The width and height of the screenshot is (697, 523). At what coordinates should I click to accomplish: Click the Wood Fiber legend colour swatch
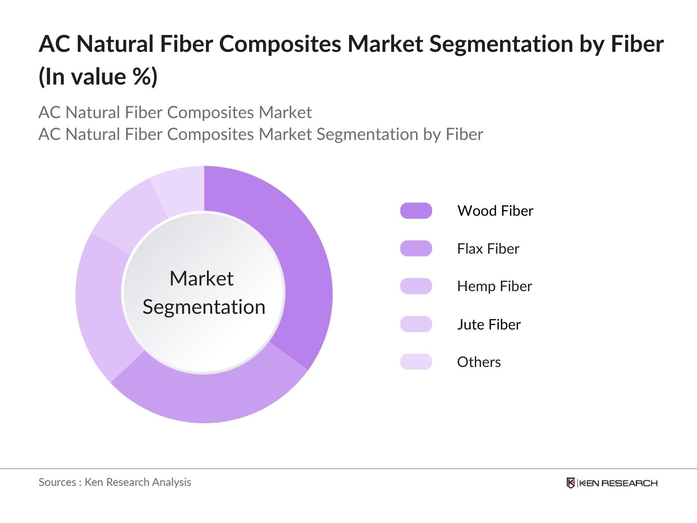[416, 211]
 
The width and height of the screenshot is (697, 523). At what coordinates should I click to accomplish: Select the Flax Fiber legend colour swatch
[416, 248]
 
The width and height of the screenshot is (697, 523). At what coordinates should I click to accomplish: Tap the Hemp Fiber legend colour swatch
[416, 286]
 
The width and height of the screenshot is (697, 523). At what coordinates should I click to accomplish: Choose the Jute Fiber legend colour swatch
[416, 324]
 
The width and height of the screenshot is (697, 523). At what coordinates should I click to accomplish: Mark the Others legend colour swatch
[416, 362]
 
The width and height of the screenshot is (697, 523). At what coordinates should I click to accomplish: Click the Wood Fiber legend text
[495, 211]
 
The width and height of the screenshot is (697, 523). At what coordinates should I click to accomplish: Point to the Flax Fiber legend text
[488, 248]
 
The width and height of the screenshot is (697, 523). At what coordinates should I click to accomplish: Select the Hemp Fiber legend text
[494, 286]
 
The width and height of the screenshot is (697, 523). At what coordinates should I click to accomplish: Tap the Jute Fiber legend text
[489, 324]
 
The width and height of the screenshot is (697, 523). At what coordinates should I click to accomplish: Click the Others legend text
[479, 362]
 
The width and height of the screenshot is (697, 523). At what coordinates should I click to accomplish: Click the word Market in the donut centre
[201, 278]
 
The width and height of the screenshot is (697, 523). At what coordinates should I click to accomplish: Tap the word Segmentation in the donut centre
[204, 307]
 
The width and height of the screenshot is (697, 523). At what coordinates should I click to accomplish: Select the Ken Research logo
[612, 483]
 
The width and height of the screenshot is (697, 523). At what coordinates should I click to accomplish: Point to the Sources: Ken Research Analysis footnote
[115, 482]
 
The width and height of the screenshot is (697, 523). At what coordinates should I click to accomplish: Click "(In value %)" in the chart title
[98, 77]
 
